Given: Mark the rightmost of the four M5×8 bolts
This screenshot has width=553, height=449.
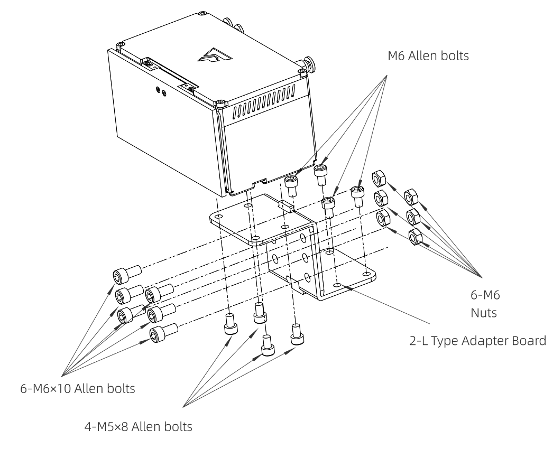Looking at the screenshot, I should pos(296,333).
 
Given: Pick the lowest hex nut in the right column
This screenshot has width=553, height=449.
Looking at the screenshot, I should pos(415,237).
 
